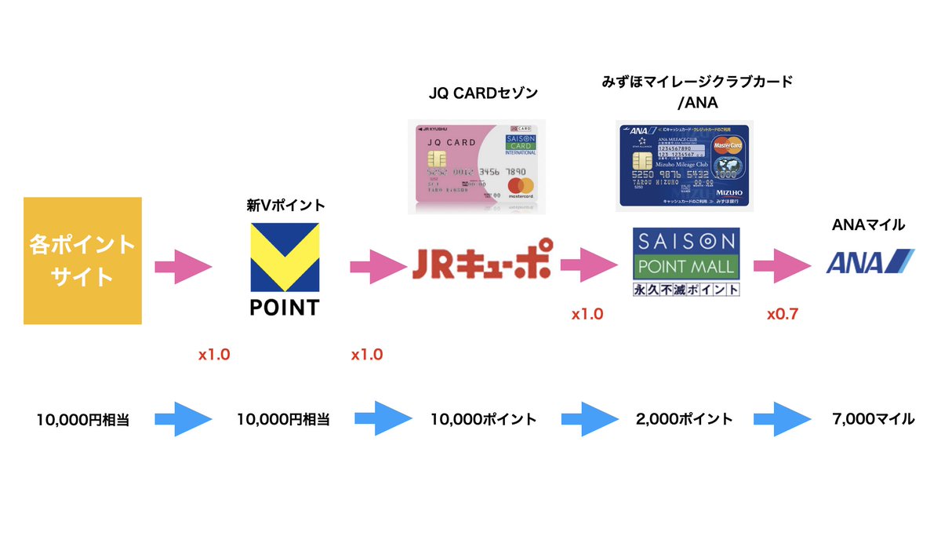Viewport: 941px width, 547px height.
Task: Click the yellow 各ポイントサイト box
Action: click(82, 261)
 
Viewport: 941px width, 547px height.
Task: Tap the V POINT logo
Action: click(284, 269)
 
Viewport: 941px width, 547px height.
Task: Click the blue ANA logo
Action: click(868, 261)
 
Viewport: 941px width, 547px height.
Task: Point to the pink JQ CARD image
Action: click(477, 167)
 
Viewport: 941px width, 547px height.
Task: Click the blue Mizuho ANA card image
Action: click(684, 164)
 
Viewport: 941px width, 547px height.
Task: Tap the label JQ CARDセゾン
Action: click(483, 93)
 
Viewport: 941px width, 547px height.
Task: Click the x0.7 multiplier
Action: click(782, 314)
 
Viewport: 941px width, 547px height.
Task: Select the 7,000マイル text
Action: click(873, 419)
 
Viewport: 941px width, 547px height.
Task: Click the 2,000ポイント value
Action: click(685, 419)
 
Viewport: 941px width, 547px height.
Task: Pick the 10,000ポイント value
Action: click(483, 419)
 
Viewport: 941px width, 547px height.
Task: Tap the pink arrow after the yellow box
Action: click(183, 267)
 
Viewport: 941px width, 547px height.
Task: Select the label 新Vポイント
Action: click(285, 206)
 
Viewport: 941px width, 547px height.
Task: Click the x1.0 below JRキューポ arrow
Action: click(587, 314)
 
